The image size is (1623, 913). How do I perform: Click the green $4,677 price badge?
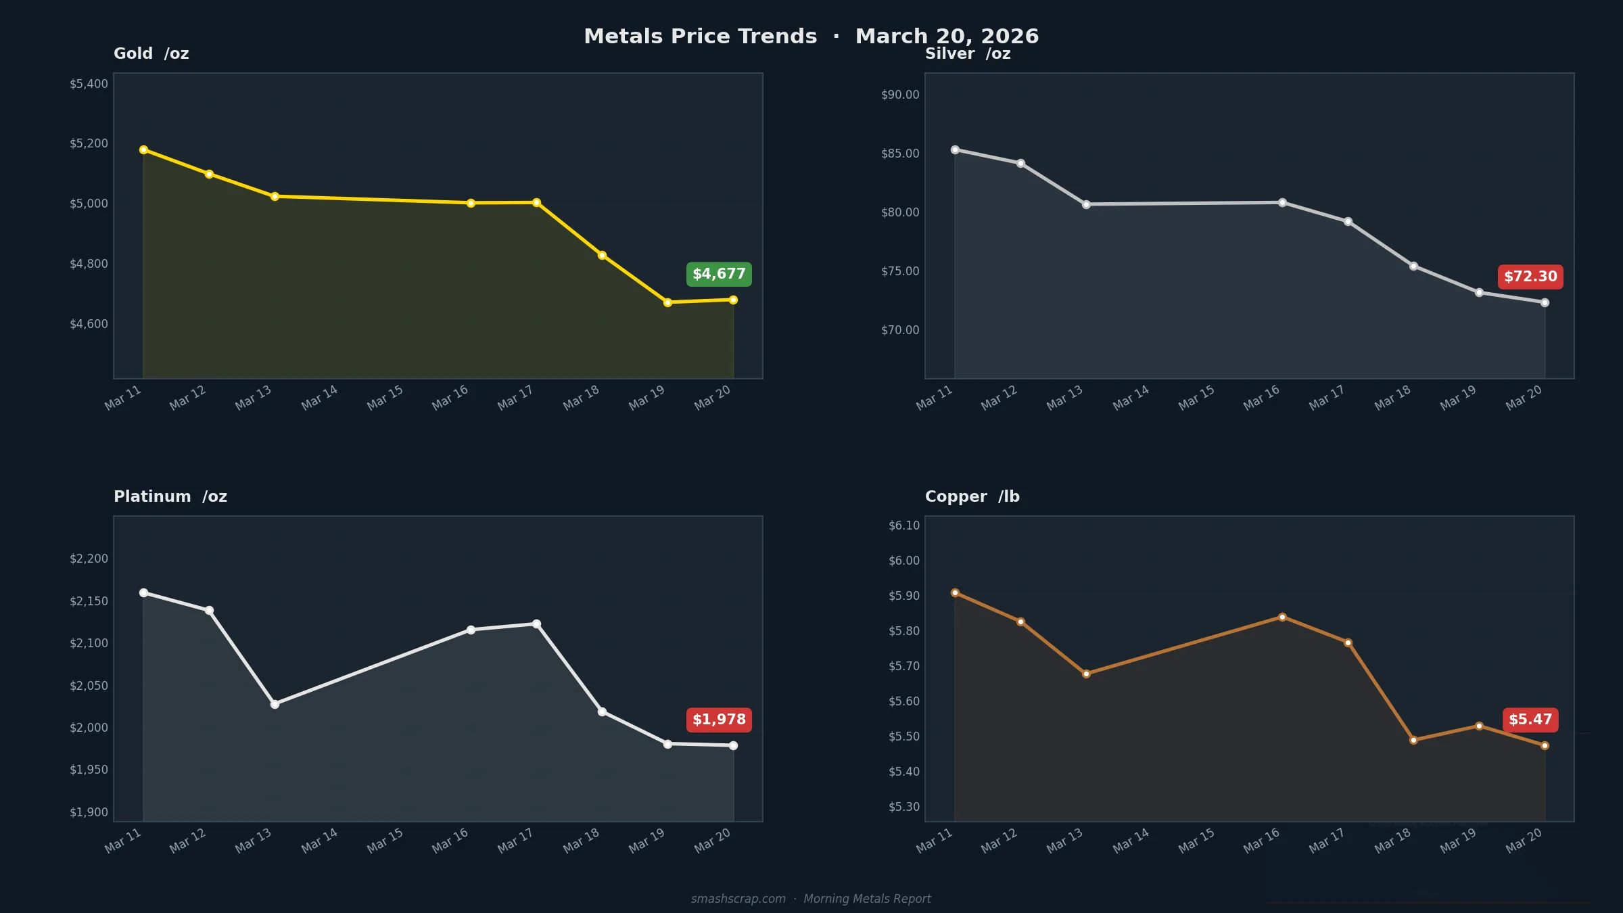[x=719, y=274]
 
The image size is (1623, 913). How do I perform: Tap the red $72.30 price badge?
[x=1530, y=277]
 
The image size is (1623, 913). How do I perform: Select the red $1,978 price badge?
[x=719, y=720]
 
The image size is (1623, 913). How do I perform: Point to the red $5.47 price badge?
[x=1530, y=720]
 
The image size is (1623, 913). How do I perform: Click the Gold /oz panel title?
[x=151, y=53]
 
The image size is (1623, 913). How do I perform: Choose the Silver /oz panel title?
[x=968, y=53]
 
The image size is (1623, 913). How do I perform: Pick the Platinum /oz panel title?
[x=170, y=496]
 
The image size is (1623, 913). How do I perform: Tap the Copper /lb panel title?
[x=972, y=496]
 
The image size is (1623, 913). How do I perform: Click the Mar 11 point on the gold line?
[x=143, y=149]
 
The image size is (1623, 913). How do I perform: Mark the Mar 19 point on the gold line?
[x=667, y=302]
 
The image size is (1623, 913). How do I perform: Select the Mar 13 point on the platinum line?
[x=275, y=704]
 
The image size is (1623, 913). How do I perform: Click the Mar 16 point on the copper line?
[x=1282, y=617]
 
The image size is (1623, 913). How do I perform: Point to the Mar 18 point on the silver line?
[x=1413, y=266]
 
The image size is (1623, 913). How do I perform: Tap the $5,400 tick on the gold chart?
[x=89, y=84]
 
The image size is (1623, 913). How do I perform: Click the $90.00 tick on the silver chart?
[x=900, y=95]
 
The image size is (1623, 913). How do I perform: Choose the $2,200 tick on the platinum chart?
[x=89, y=559]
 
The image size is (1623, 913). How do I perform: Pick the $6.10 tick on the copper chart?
[x=904, y=525]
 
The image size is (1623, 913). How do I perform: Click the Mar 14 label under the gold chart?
[x=319, y=398]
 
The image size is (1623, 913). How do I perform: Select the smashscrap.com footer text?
[x=738, y=899]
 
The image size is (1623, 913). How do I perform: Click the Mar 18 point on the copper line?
[x=1413, y=740]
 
